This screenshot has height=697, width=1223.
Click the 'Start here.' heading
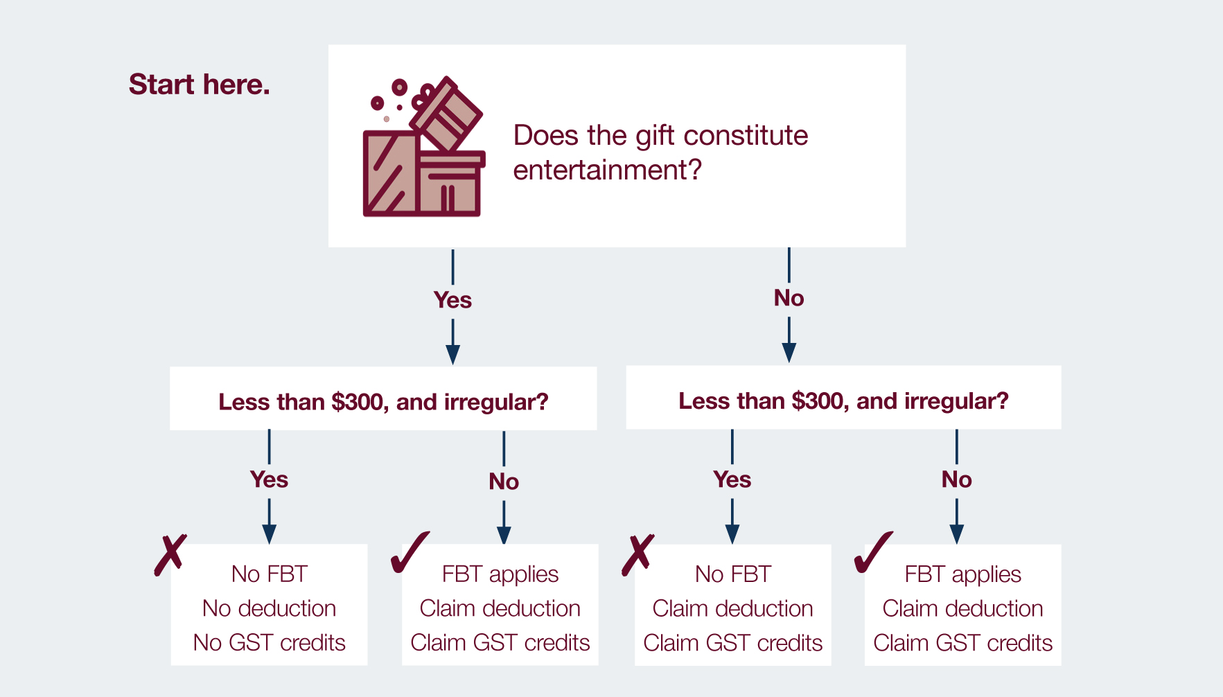(200, 85)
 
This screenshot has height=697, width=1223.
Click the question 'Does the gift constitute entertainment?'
(660, 152)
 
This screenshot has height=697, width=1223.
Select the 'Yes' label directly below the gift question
(452, 300)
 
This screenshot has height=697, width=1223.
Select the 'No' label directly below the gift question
(789, 298)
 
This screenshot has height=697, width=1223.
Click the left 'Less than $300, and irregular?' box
(383, 398)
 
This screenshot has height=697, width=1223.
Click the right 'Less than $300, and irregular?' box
(843, 397)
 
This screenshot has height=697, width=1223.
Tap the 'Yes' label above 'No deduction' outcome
(269, 479)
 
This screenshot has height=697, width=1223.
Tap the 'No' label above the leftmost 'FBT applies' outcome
(504, 482)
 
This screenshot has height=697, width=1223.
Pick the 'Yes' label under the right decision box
(732, 479)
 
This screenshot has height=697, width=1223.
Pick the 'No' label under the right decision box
(956, 479)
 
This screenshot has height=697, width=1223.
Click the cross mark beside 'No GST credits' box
(170, 555)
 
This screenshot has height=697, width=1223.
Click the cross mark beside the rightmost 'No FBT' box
(637, 555)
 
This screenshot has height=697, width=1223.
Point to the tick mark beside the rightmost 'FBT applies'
(872, 553)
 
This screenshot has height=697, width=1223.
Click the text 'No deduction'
(269, 608)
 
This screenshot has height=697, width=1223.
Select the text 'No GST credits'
(269, 643)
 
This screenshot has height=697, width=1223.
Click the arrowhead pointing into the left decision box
(452, 355)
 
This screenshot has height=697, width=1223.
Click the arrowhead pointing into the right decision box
(789, 353)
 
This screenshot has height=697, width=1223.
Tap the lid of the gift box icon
(446, 114)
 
